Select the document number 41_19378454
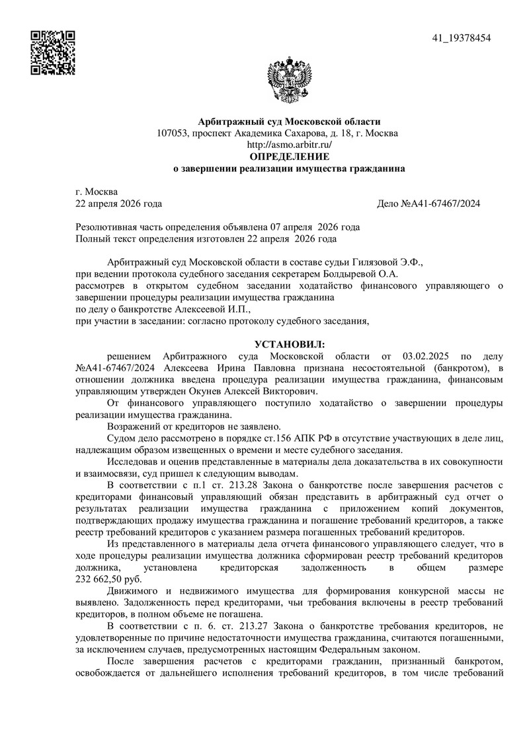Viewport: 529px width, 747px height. pos(462,38)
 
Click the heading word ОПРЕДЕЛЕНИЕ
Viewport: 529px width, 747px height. pos(289,157)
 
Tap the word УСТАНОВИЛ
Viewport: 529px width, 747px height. pos(289,345)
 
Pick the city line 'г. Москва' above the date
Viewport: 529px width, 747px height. pos(97,192)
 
